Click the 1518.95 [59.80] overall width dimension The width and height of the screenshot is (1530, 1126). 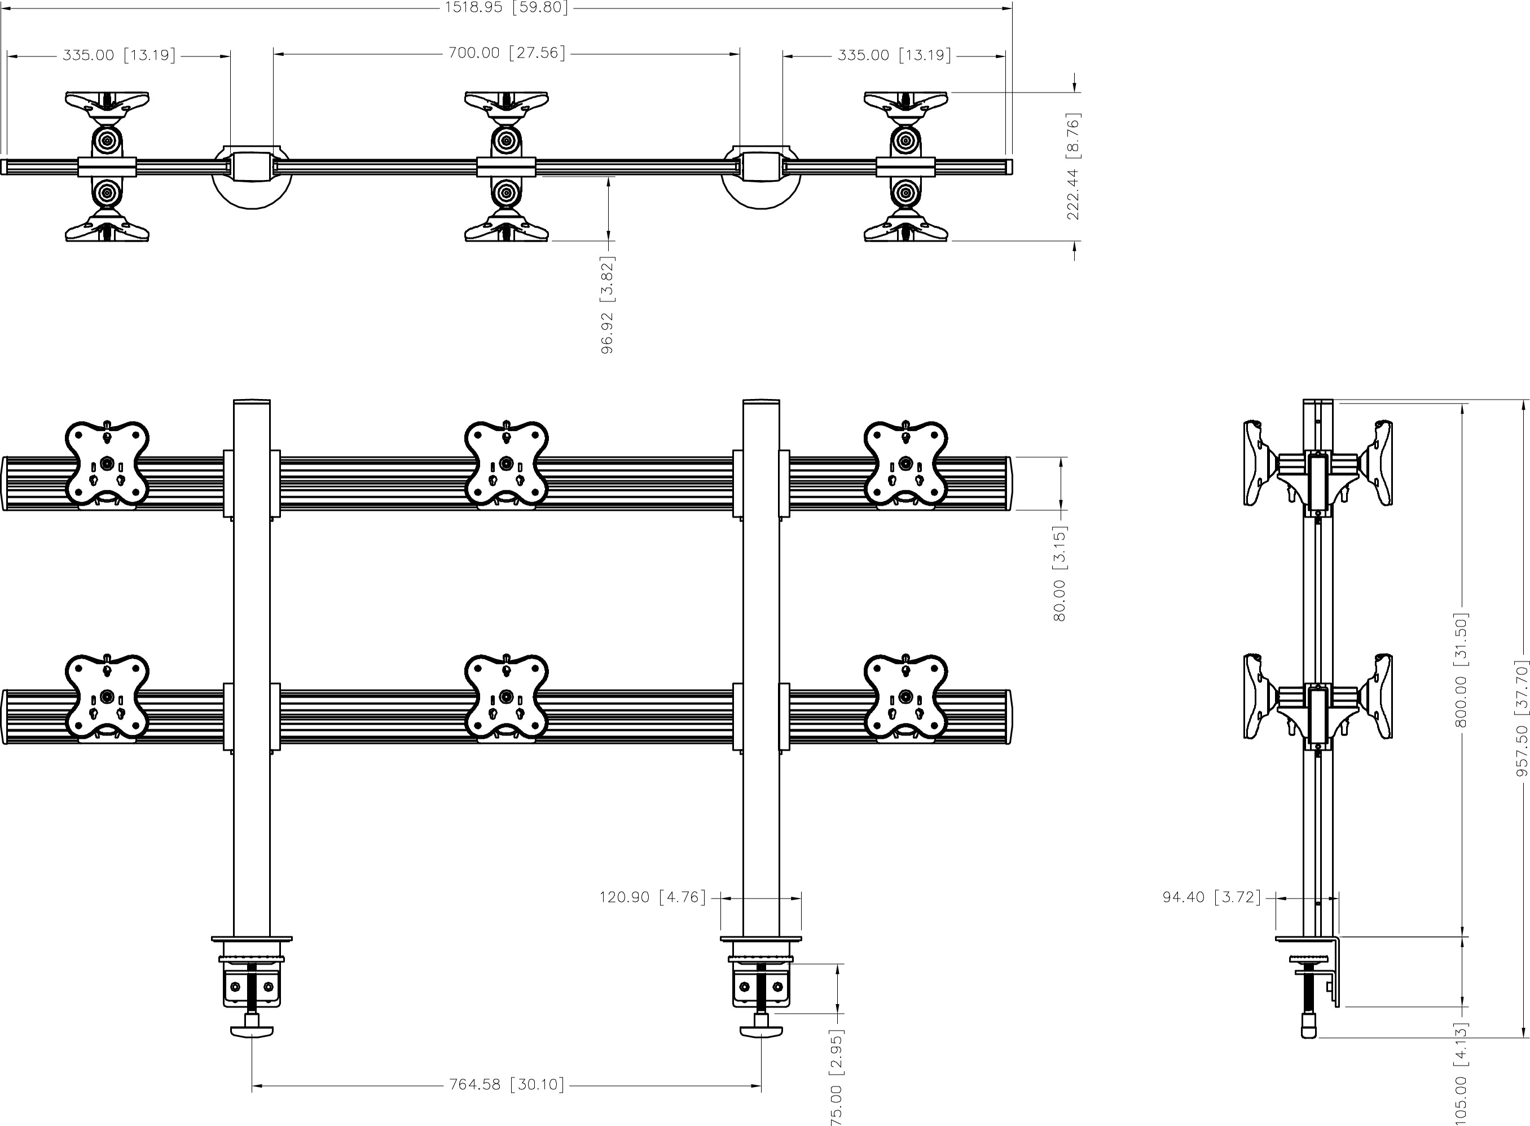click(506, 7)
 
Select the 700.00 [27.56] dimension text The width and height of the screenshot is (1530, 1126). click(507, 53)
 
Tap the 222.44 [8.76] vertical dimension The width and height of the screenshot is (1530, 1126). click(1074, 167)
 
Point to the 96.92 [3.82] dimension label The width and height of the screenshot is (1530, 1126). click(607, 305)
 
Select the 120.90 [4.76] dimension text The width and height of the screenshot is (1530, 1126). click(653, 897)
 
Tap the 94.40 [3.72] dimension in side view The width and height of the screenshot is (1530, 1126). click(1212, 897)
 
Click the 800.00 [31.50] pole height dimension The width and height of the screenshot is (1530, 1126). click(1461, 669)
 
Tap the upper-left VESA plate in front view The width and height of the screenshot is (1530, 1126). click(107, 464)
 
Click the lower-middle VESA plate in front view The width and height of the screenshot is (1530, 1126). click(506, 696)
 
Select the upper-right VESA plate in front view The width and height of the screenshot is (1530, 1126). click(905, 464)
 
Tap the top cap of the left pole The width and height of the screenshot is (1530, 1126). click(252, 401)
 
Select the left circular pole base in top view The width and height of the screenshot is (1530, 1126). click(252, 194)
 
